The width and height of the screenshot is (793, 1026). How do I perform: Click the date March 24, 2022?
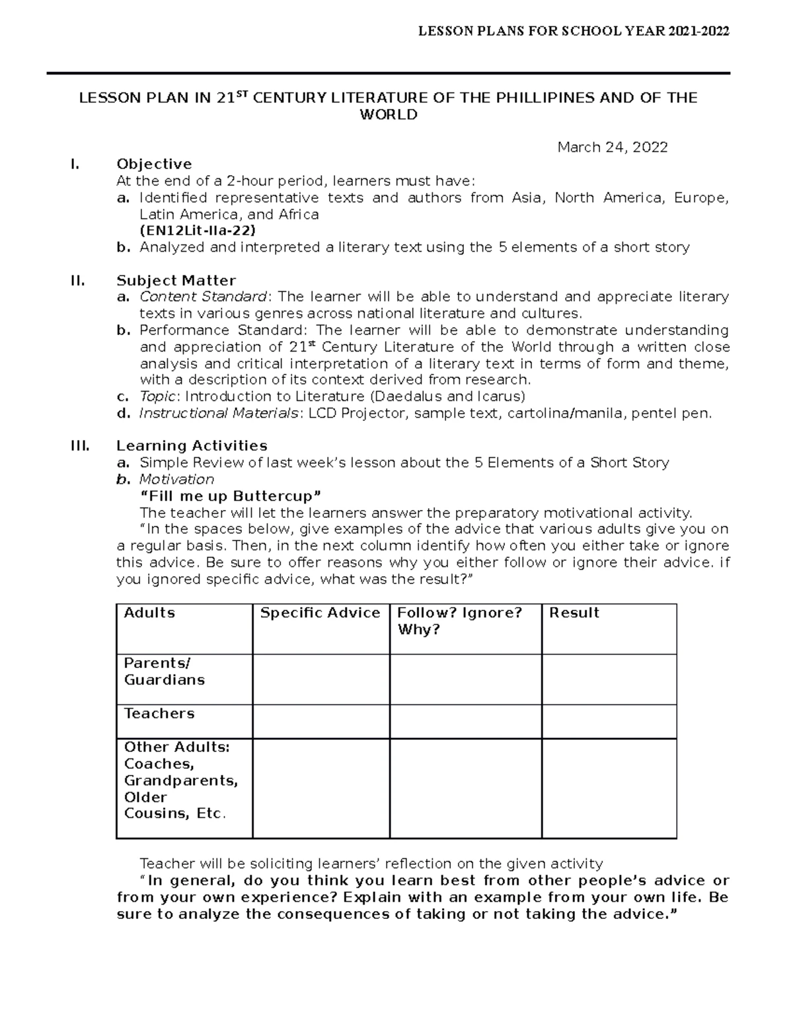(612, 147)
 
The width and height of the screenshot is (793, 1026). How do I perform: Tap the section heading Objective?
(154, 164)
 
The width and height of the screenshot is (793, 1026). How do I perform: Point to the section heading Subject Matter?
(176, 280)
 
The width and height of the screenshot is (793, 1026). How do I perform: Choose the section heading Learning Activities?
(192, 445)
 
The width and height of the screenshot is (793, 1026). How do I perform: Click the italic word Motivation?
(176, 479)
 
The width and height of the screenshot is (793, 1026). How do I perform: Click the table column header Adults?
(149, 613)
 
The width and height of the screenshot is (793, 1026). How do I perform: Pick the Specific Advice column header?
(321, 613)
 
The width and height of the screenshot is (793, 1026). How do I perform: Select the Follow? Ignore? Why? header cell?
(460, 621)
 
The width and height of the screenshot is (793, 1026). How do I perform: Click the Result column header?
(574, 613)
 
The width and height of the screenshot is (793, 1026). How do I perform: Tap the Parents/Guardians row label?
(164, 671)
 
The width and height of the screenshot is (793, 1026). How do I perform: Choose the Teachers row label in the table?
(159, 714)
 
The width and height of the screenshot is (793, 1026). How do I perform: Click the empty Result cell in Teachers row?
(609, 721)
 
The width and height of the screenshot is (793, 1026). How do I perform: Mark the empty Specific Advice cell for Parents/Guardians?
(321, 679)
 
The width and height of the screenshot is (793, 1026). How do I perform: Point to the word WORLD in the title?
(388, 115)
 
